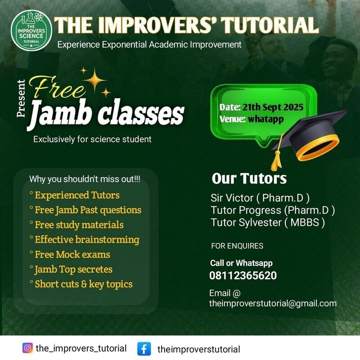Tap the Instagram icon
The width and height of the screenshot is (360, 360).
pyautogui.click(x=27, y=348)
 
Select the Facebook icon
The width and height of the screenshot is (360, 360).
pyautogui.click(x=144, y=349)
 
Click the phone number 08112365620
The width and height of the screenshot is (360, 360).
pyautogui.click(x=243, y=275)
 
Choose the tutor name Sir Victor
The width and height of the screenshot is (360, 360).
pyautogui.click(x=228, y=198)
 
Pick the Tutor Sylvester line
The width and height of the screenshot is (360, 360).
pyautogui.click(x=268, y=222)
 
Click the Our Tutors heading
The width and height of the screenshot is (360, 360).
pyautogui.click(x=249, y=179)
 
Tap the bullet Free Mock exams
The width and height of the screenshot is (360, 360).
pyautogui.click(x=72, y=254)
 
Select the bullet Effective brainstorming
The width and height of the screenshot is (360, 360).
pyautogui.click(x=87, y=239)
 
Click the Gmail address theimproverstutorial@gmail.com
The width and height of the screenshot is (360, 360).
pyautogui.click(x=273, y=303)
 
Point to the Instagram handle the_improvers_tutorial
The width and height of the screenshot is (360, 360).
pyautogui.click(x=81, y=348)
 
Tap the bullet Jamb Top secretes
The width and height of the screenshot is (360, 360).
pyautogui.click(x=73, y=270)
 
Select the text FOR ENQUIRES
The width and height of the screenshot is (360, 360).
pyautogui.click(x=237, y=246)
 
